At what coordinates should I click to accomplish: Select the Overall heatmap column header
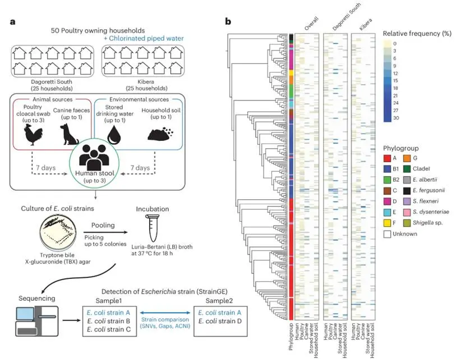coord(307,25)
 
